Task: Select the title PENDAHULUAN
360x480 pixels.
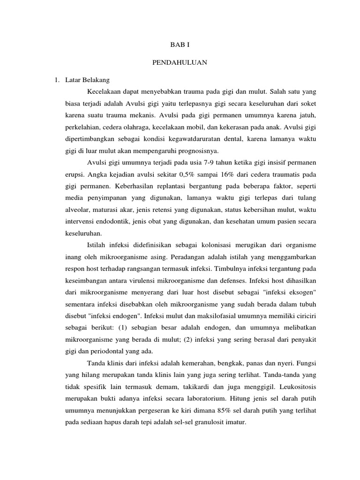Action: [x=180, y=62]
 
